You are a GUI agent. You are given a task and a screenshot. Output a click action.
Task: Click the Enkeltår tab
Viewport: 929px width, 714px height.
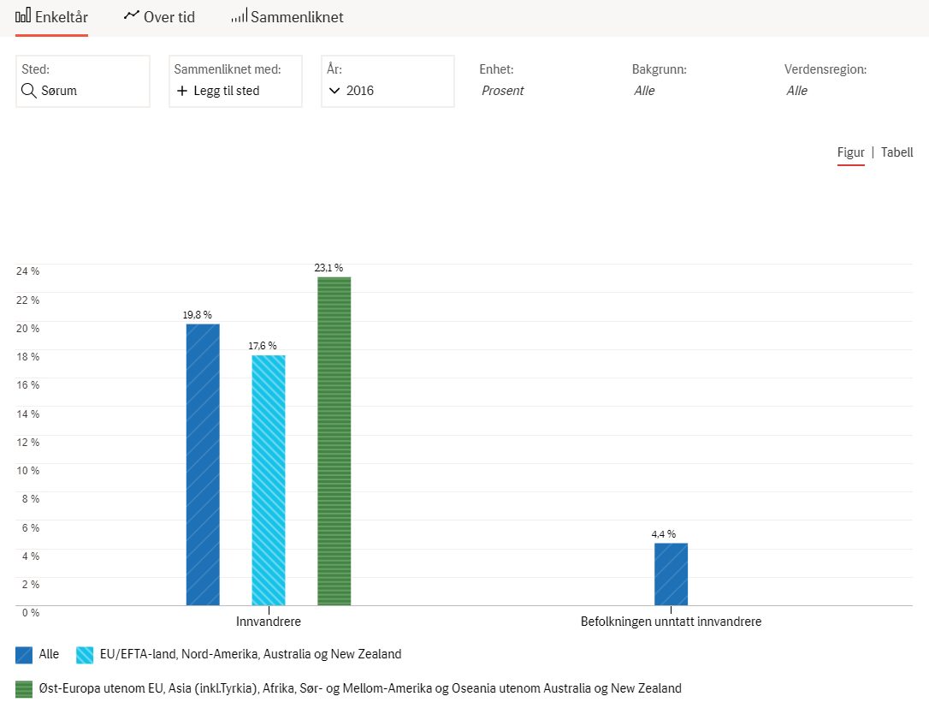click(x=51, y=16)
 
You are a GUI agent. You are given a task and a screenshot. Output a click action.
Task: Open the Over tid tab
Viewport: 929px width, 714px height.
click(x=159, y=16)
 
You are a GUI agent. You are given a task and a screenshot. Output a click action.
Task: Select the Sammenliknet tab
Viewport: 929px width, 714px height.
click(x=287, y=16)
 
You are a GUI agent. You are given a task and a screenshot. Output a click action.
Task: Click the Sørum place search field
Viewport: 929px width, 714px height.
click(x=83, y=81)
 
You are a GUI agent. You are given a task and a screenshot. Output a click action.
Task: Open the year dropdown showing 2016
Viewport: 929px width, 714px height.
click(x=388, y=81)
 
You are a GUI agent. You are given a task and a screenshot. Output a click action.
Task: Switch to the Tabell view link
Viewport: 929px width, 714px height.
click(x=896, y=152)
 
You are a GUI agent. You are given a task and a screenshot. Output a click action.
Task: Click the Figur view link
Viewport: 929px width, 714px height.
click(x=851, y=153)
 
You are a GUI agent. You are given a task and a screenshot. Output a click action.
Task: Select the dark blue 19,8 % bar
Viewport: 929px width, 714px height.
click(x=203, y=465)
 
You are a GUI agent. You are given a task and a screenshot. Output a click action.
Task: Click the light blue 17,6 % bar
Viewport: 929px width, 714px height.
click(x=269, y=480)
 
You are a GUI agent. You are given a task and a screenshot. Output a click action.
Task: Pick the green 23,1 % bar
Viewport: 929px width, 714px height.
click(x=334, y=441)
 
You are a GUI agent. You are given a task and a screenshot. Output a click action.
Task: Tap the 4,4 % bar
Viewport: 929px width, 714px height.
click(x=671, y=574)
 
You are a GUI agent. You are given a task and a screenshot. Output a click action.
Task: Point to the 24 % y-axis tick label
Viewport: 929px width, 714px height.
click(x=28, y=271)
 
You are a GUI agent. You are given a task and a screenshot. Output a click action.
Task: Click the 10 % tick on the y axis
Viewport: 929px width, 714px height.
click(x=28, y=470)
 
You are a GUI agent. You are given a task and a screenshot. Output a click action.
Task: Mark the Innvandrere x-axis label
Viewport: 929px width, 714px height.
click(x=269, y=622)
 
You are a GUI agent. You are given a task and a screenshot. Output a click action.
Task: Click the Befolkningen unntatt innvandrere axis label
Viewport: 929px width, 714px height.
click(x=671, y=622)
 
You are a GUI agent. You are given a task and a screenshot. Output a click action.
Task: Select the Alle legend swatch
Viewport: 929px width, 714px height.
click(x=24, y=655)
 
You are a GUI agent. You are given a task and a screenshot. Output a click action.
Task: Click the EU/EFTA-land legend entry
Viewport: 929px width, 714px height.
click(x=239, y=654)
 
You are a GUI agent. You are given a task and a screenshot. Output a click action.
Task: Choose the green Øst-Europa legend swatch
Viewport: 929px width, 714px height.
click(x=24, y=689)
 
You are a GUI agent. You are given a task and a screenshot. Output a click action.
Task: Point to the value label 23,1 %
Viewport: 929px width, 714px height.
click(x=328, y=268)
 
